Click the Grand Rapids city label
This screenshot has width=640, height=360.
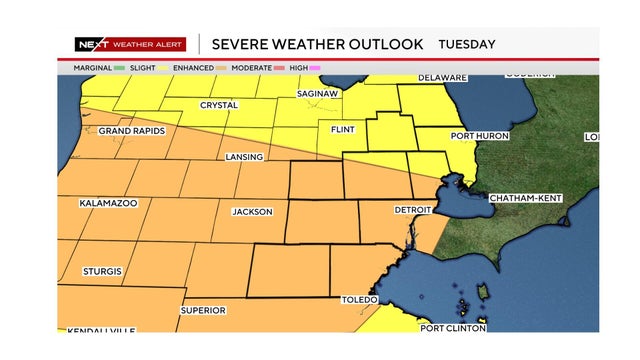click(131, 131)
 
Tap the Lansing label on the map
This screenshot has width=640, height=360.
click(245, 157)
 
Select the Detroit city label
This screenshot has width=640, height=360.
click(413, 210)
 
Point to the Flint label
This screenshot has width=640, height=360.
click(344, 130)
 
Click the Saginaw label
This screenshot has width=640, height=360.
click(320, 94)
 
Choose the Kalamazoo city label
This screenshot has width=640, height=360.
click(108, 203)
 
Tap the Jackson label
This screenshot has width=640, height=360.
click(252, 212)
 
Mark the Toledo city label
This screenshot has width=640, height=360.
click(361, 300)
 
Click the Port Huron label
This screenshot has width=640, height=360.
click(480, 136)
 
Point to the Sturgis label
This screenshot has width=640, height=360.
click(102, 272)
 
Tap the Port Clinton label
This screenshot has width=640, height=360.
click(452, 327)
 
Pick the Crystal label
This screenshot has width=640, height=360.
click(218, 104)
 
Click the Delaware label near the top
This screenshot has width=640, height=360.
click(442, 78)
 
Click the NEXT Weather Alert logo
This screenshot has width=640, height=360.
click(130, 44)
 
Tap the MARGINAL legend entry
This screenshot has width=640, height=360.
click(98, 67)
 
